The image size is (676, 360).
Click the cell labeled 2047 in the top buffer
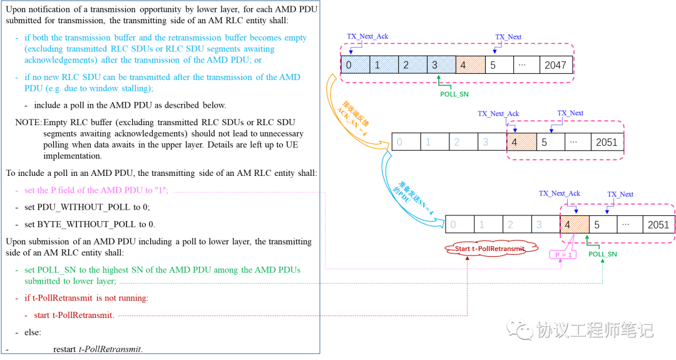(556, 65)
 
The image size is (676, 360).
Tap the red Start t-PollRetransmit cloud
(491, 249)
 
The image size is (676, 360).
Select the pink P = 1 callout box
(563, 255)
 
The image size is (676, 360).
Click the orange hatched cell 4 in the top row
(470, 65)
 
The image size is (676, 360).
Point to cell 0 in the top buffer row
(356, 65)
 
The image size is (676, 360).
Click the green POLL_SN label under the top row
(454, 94)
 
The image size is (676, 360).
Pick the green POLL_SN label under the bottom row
(602, 254)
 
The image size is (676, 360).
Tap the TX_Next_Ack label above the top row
(367, 36)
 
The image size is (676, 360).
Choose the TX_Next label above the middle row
(570, 113)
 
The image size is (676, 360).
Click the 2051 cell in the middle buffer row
(607, 142)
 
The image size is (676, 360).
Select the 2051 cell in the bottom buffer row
(658, 225)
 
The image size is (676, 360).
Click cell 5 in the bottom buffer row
(603, 225)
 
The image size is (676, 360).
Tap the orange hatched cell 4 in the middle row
(521, 142)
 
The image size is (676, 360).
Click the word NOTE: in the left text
(28, 123)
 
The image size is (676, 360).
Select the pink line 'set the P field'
(96, 190)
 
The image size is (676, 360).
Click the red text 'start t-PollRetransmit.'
(74, 315)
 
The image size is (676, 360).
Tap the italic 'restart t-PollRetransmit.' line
(98, 349)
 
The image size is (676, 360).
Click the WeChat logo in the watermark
(520, 330)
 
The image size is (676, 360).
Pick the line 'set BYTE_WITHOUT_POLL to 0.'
(90, 224)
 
